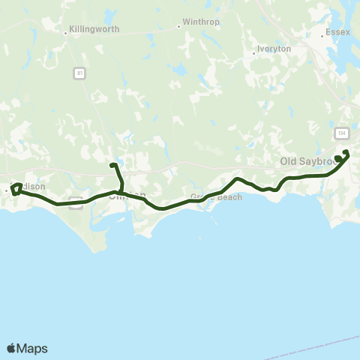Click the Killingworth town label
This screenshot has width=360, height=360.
coord(94,32)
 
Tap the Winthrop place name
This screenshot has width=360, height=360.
coord(201,22)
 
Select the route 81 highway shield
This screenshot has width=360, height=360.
coord(79,73)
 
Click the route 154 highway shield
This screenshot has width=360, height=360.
coord(342,133)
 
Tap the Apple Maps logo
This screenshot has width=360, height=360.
coord(26,348)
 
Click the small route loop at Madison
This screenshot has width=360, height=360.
coord(16,188)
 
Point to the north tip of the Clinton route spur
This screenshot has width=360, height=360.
coord(112,165)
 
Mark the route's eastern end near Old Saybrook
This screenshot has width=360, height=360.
coord(346,153)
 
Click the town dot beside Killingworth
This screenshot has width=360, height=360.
coord(66,32)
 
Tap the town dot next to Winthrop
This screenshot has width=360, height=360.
coord(178,25)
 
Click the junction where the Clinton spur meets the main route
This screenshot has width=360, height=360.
coord(121,192)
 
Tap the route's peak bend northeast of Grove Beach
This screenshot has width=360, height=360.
coord(237,179)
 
